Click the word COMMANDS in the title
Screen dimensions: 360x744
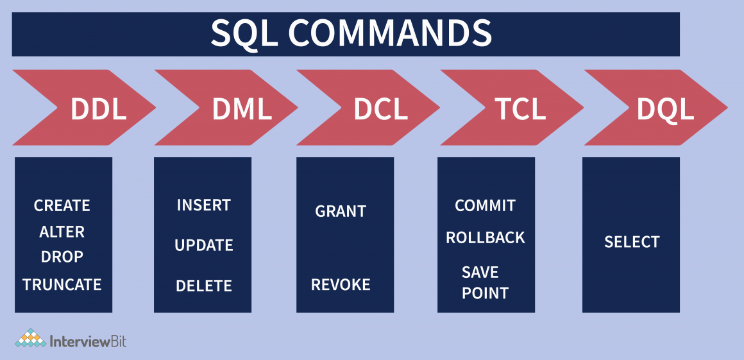[389, 33]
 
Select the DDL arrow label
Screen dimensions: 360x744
[98, 109]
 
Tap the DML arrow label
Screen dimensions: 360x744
[242, 109]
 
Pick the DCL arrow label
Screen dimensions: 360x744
[380, 109]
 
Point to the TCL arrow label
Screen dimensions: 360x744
[520, 109]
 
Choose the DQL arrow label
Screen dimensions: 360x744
[665, 109]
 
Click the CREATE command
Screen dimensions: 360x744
[62, 206]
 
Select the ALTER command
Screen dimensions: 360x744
[62, 232]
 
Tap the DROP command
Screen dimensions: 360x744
[62, 257]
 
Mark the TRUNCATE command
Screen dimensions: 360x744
[62, 284]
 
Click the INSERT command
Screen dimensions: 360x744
[203, 205]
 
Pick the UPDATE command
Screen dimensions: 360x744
[203, 245]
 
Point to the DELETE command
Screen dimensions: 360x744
[203, 286]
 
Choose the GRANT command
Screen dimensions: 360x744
[341, 211]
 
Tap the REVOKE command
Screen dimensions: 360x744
[341, 285]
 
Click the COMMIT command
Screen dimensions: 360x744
[485, 205]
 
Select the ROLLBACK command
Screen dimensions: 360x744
[485, 237]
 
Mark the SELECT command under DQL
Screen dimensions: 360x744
[632, 242]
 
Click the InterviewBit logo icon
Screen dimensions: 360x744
[30, 338]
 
